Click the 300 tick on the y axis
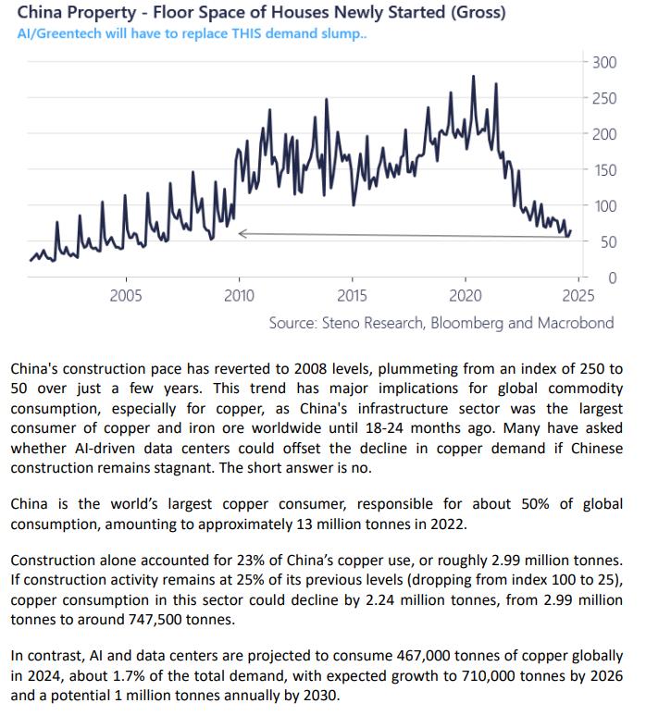[x=604, y=62]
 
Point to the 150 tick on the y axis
[x=604, y=170]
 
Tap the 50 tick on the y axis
[x=608, y=242]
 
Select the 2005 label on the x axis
[x=126, y=296]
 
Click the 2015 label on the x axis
[x=352, y=296]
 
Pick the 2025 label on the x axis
[x=578, y=296]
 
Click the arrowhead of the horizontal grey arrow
[x=242, y=234]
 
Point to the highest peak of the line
[x=474, y=77]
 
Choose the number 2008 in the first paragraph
[x=339, y=367]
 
